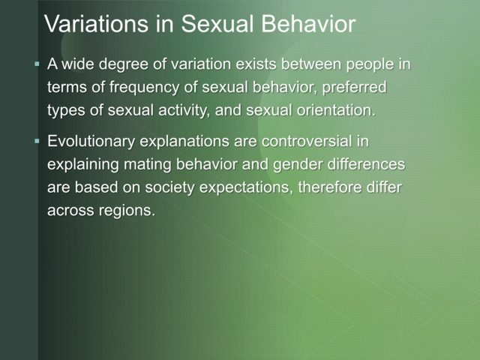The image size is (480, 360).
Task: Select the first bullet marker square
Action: pos(37,64)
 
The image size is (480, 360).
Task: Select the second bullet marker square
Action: pos(37,141)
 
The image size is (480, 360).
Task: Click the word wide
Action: pos(79,64)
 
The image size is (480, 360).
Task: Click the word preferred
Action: pos(355,88)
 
